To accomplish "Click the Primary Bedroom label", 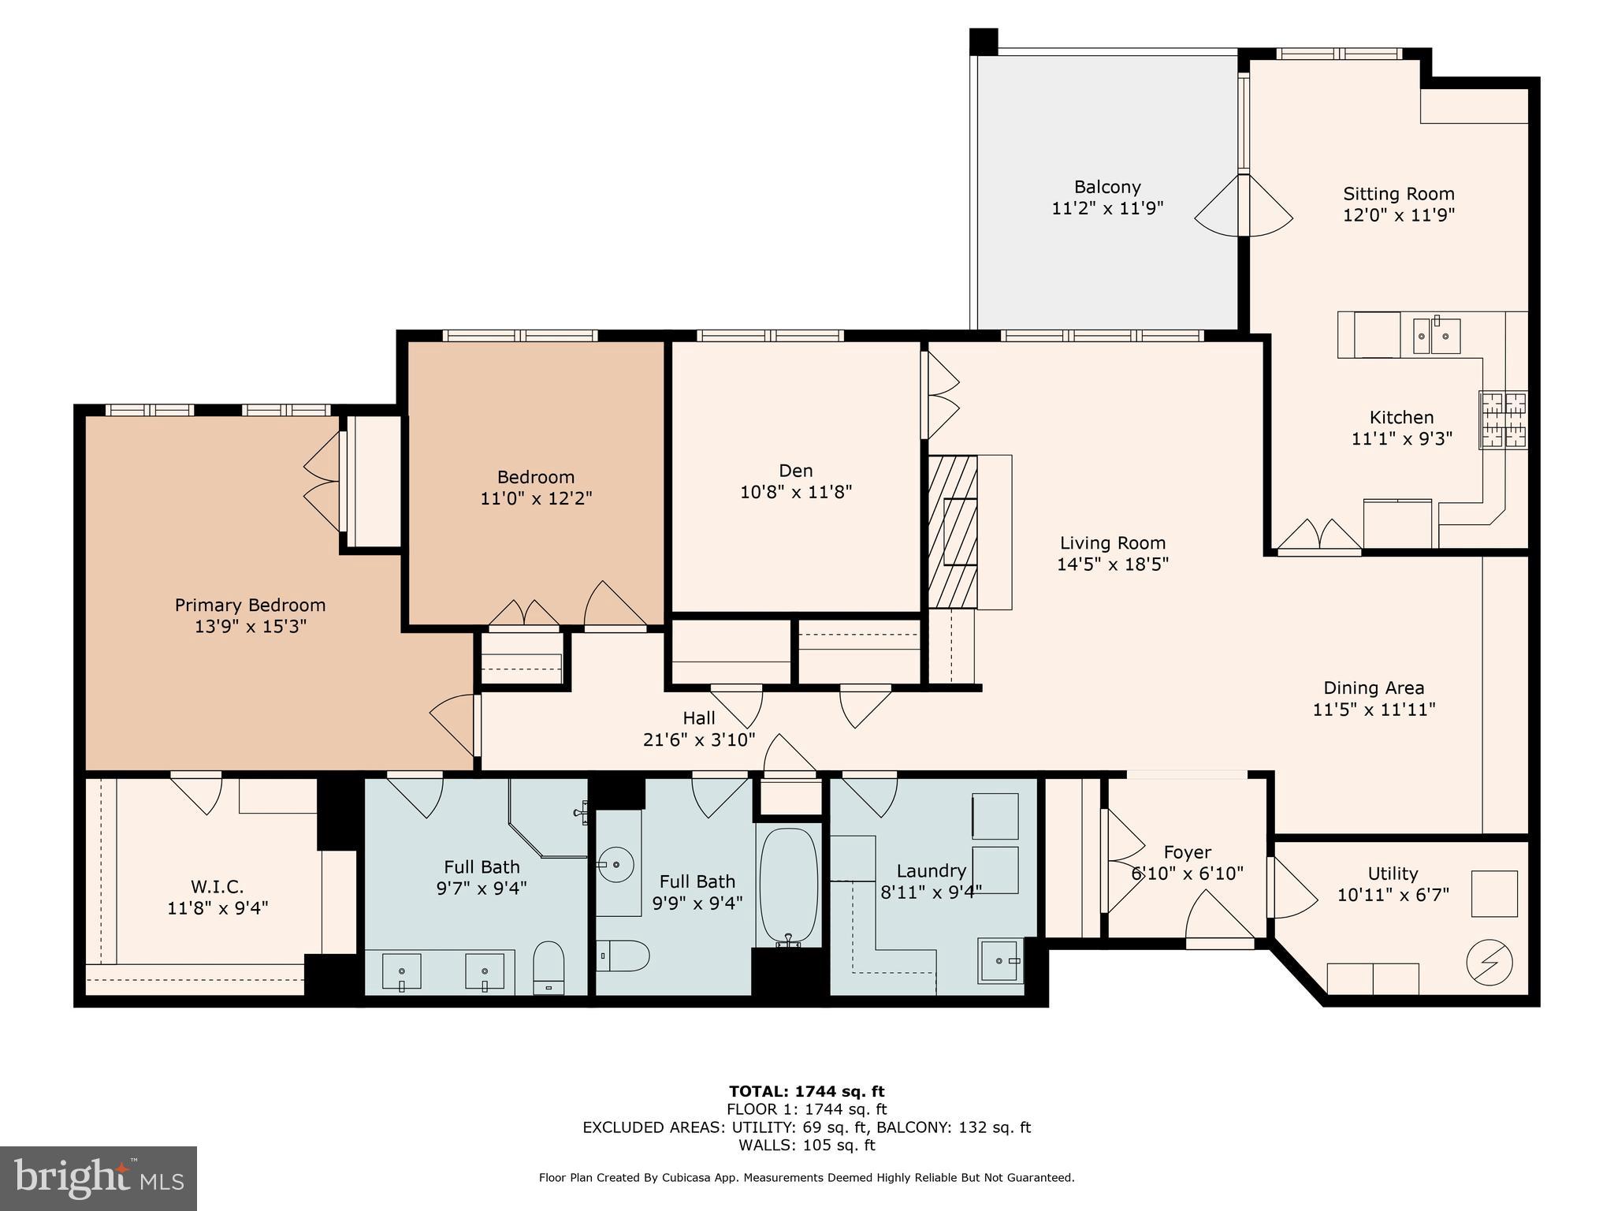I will [x=250, y=605].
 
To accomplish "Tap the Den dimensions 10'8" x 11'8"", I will [x=796, y=492].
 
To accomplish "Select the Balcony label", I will [x=1107, y=187].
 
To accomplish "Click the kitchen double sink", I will [x=1436, y=336].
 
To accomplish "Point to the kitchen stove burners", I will [x=1504, y=420].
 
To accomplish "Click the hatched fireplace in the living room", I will [x=952, y=532].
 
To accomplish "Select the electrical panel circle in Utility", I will [x=1489, y=963].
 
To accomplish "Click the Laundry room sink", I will [x=1001, y=960].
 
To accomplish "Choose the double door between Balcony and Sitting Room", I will [x=1244, y=205].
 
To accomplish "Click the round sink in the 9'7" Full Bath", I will [x=616, y=865].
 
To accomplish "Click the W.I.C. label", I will [x=217, y=886].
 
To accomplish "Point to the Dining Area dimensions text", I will [x=1374, y=709].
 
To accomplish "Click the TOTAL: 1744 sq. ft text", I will [x=806, y=1091].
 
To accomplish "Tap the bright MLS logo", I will [x=99, y=1178].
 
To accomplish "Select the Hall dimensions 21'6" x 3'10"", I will [x=699, y=740].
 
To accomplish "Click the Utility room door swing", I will [x=1291, y=889].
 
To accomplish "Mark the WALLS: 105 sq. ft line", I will [x=806, y=1145].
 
